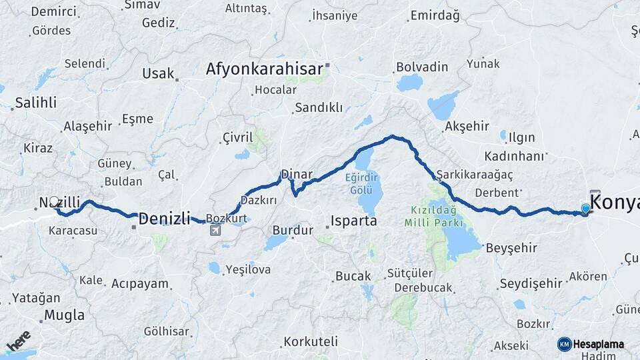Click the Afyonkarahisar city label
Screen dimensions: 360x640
pyautogui.click(x=264, y=69)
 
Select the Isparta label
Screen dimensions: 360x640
pyautogui.click(x=354, y=221)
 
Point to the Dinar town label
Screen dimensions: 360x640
pyautogui.click(x=296, y=175)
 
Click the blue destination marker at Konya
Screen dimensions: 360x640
pyautogui.click(x=585, y=209)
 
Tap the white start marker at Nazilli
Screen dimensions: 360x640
pyautogui.click(x=55, y=201)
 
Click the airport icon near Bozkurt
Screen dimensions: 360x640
pyautogui.click(x=215, y=231)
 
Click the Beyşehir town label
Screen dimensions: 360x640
pyautogui.click(x=511, y=248)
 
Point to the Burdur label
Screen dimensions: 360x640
pyautogui.click(x=292, y=230)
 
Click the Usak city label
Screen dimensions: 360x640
pyautogui.click(x=157, y=73)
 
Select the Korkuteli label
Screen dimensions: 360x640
pyautogui.click(x=311, y=341)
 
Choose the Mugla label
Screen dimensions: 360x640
pyautogui.click(x=65, y=315)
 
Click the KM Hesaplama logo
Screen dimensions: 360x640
pyautogui.click(x=591, y=344)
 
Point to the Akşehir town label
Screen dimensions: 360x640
pyautogui.click(x=467, y=126)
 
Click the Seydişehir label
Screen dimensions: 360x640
pyautogui.click(x=531, y=283)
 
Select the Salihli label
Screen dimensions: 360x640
pyautogui.click(x=35, y=103)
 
